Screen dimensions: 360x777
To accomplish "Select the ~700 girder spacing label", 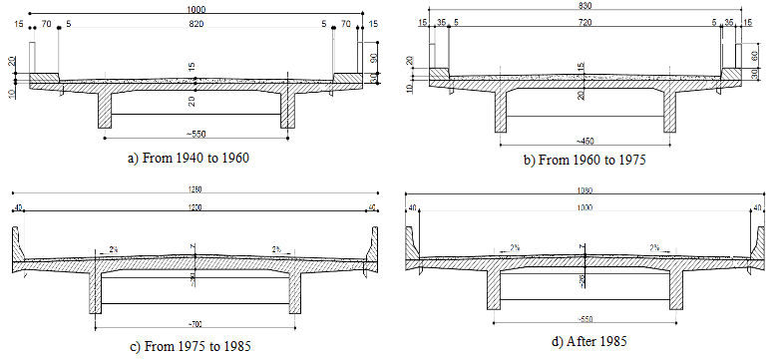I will (195, 327).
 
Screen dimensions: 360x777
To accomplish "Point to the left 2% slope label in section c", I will (116, 249).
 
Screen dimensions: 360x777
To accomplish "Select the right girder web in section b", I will (670, 115).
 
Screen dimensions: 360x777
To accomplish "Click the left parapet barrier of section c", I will (17, 244).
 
